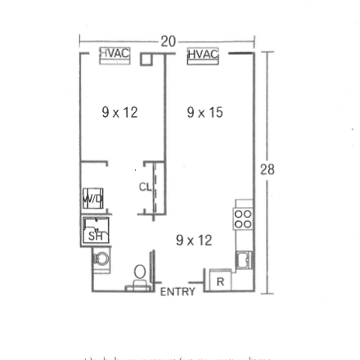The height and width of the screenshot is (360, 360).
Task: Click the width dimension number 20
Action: tap(169, 41)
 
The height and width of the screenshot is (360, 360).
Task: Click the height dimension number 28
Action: tap(267, 169)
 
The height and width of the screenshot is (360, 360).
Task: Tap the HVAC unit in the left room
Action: tap(115, 55)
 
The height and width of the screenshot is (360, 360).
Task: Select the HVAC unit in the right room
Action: tap(203, 56)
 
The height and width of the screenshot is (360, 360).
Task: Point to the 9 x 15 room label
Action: tap(205, 113)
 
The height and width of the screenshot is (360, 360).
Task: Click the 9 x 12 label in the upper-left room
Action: tap(119, 113)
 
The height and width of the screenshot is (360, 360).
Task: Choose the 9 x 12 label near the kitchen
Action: tap(194, 240)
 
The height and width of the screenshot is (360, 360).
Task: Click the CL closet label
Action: tap(145, 187)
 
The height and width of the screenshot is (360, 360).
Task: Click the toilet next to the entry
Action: tap(140, 274)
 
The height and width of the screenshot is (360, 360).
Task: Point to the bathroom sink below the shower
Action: tap(101, 259)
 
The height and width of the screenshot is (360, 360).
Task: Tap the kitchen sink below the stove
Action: tap(244, 259)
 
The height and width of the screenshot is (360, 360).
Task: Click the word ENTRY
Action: tap(178, 292)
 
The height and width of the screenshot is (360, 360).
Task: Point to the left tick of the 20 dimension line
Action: tap(79, 41)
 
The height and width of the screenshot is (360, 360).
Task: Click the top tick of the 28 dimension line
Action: tap(267, 52)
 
